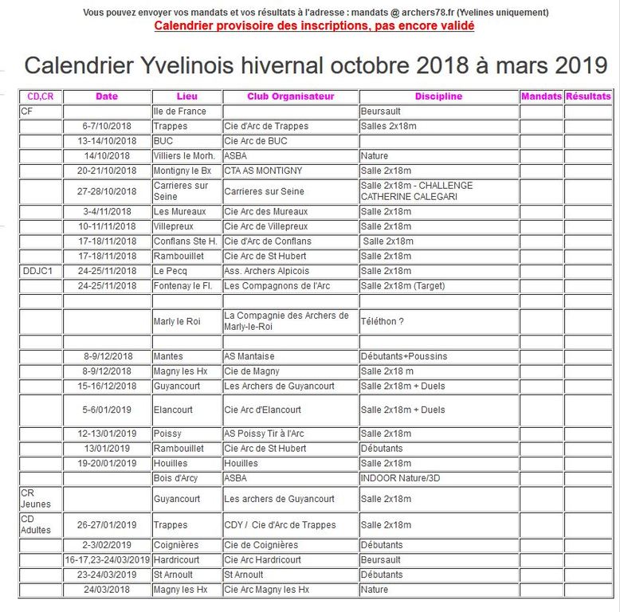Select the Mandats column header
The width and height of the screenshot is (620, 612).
coord(541,96)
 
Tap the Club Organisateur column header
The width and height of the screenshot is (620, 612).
coord(290,96)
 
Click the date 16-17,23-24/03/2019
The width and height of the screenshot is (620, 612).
coord(107,559)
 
